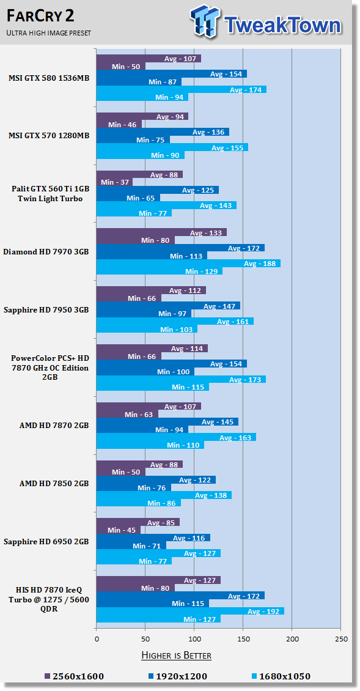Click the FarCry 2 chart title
(40, 17)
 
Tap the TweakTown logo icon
(205, 21)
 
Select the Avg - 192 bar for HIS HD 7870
(190, 612)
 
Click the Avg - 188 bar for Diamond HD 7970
(189, 264)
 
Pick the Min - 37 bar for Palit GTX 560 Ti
(114, 182)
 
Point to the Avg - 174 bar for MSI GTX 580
(182, 89)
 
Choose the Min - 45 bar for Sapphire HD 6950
(119, 530)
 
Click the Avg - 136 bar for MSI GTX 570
(163, 131)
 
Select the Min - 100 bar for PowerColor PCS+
(145, 372)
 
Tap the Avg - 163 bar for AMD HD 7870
(176, 437)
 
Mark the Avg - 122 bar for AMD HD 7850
(156, 479)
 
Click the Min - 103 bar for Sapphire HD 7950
(147, 329)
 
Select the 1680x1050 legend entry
(281, 676)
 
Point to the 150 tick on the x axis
(243, 638)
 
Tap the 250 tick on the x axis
(341, 638)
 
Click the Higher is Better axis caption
(176, 656)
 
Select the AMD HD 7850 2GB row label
(54, 484)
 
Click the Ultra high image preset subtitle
(48, 33)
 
